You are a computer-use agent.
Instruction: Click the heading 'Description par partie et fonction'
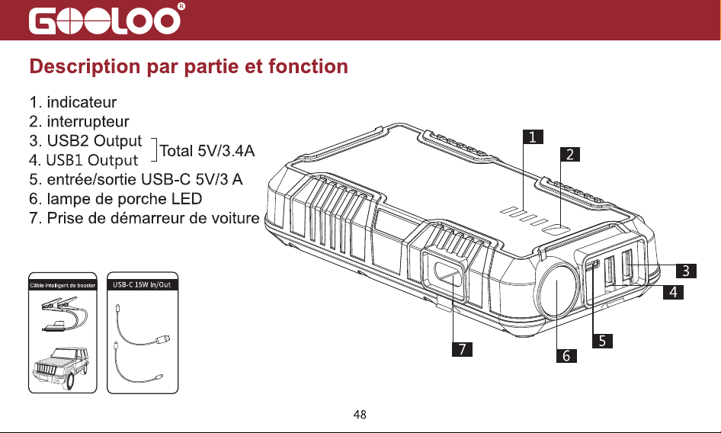(188, 66)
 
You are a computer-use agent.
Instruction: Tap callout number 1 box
(533, 137)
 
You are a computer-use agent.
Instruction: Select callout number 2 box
(570, 155)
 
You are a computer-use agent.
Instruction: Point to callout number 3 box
(686, 271)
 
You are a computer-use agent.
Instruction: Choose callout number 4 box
(673, 292)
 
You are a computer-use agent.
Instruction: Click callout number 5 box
(602, 341)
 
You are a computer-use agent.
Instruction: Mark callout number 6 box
(566, 355)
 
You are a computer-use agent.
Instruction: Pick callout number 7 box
(462, 349)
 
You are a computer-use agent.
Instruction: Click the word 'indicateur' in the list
(82, 101)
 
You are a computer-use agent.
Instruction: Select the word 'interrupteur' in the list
(88, 121)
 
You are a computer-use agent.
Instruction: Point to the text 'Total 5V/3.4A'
(207, 150)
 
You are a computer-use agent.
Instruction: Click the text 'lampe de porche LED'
(124, 199)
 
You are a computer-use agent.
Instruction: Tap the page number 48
(360, 415)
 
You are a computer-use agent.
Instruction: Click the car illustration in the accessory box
(61, 367)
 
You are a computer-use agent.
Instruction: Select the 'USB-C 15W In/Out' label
(142, 285)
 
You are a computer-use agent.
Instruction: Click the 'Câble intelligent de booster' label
(62, 285)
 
